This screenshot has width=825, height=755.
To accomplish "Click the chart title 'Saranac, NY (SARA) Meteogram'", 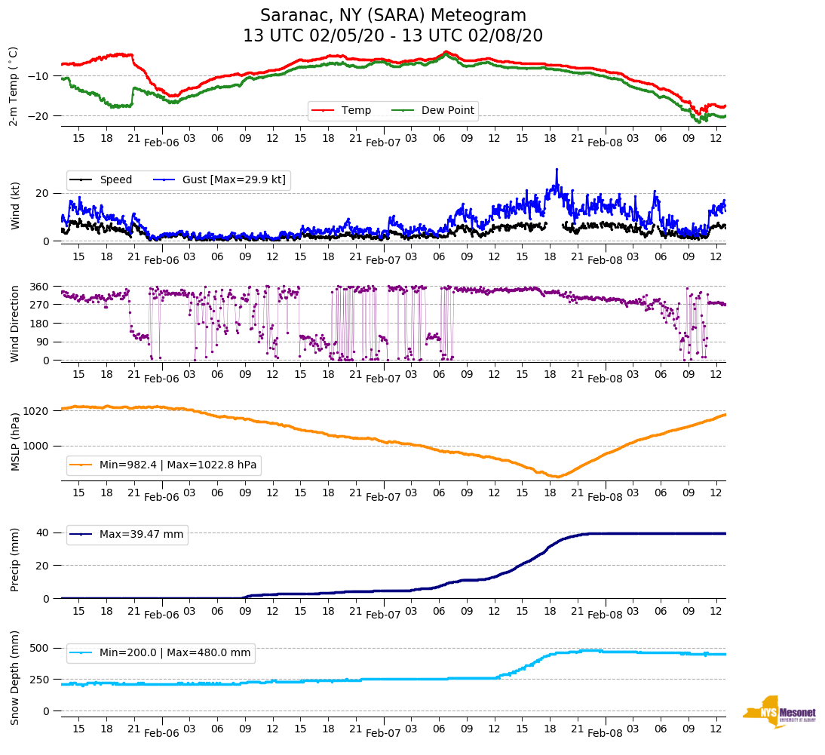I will coord(393,16).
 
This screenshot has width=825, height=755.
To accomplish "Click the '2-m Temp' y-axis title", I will coord(14,86).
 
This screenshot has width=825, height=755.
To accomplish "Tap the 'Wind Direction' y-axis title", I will coord(14,324).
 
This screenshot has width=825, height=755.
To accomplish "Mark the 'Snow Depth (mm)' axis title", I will coord(14,677).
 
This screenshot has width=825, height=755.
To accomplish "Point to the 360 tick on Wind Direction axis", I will coord(40,287).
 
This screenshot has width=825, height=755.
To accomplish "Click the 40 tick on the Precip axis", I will coord(44,532).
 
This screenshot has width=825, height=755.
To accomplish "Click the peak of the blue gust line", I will coord(557,170).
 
